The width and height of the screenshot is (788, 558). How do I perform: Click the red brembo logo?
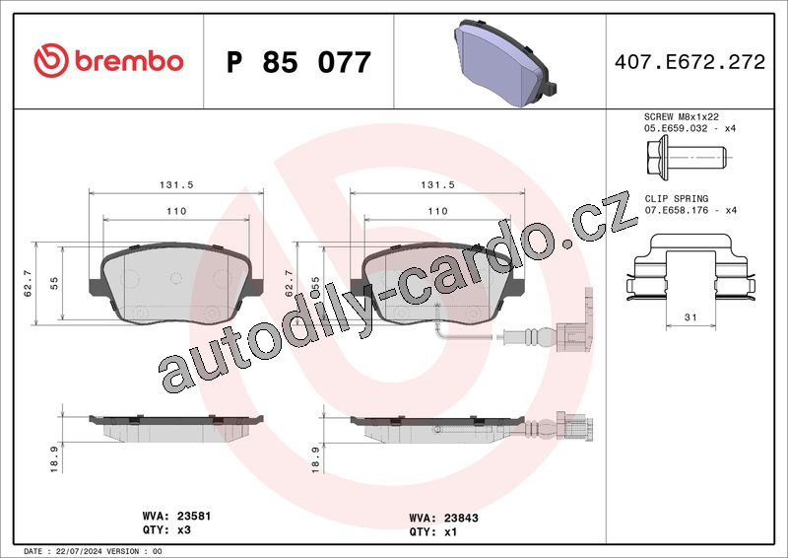[x=108, y=60]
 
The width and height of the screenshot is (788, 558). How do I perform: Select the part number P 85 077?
[x=298, y=62]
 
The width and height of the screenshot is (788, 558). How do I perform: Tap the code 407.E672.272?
[x=689, y=62]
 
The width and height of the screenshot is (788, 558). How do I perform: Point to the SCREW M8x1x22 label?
[x=682, y=116]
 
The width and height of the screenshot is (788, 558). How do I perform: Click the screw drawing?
[x=687, y=157]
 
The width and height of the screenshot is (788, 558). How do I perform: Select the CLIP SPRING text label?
[x=677, y=199]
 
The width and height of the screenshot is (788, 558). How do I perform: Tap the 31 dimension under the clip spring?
[x=690, y=317]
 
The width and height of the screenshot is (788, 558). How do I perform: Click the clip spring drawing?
[x=690, y=266]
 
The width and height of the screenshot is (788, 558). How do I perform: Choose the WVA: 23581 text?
[x=176, y=517]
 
